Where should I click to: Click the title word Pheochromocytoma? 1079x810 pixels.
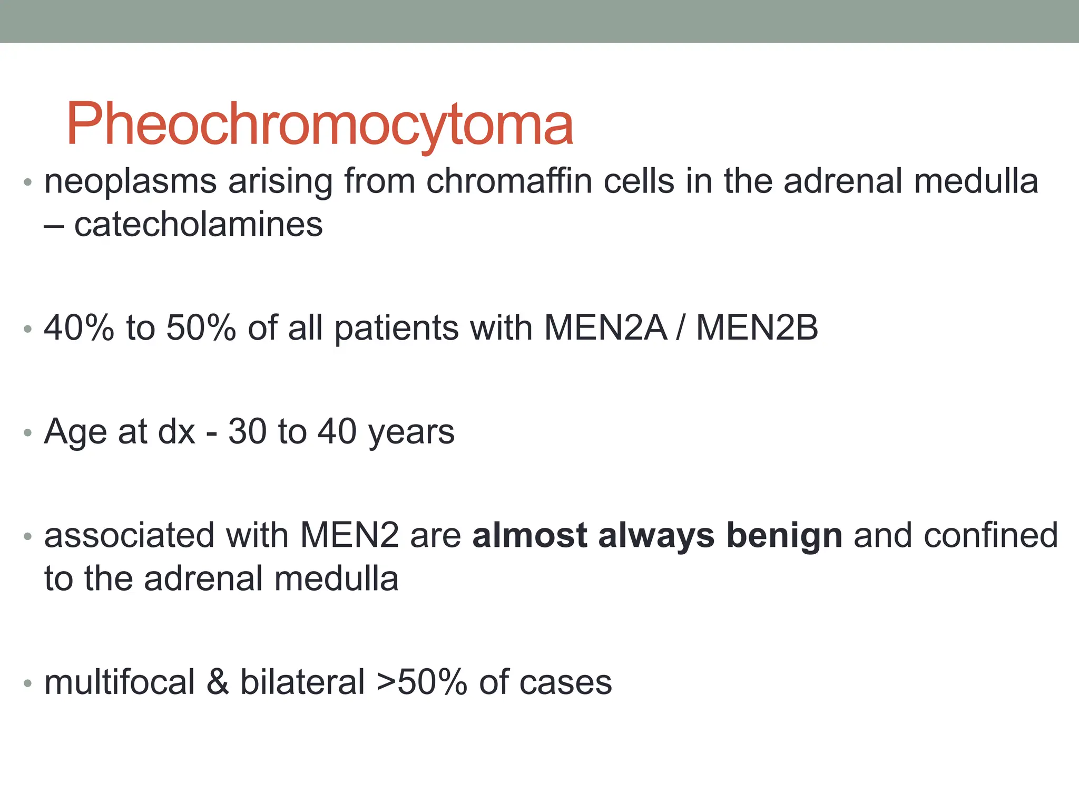click(319, 124)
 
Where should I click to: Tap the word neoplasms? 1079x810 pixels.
click(130, 182)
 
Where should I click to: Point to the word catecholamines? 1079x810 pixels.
click(198, 225)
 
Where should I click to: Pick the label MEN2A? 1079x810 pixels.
click(605, 327)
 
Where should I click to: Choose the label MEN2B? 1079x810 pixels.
click(757, 327)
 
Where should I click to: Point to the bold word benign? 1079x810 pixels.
click(784, 536)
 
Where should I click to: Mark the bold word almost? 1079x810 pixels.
click(529, 535)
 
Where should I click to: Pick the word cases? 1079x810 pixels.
click(565, 682)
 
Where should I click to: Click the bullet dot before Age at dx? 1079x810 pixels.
click(28, 433)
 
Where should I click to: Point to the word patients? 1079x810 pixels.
click(396, 329)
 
